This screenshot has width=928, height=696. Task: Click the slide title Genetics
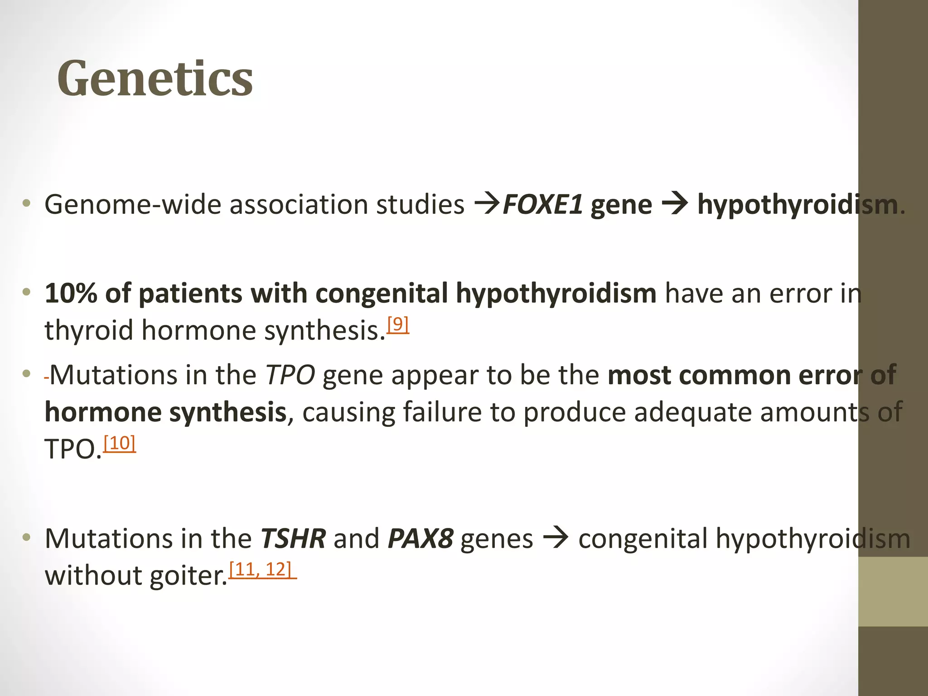pos(155,79)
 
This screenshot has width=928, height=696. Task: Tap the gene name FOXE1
pos(542,205)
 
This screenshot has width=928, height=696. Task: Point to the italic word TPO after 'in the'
pos(290,375)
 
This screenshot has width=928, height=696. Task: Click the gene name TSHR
pos(293,539)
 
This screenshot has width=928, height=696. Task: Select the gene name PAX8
pos(420,539)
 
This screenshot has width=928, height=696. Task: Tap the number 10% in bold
pos(71,293)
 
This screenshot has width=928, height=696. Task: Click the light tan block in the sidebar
pos(893,591)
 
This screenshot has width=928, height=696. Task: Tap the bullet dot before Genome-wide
pos(27,203)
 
